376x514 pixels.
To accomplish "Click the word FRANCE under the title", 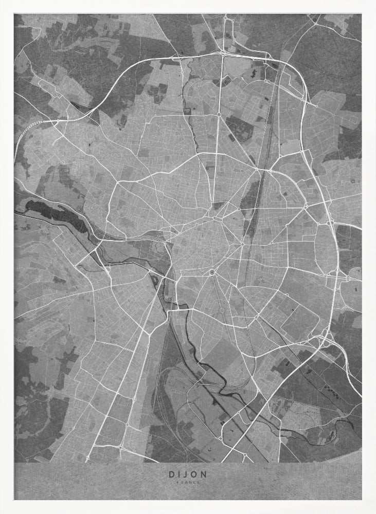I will click(187, 483).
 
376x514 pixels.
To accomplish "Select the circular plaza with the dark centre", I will click(211, 272).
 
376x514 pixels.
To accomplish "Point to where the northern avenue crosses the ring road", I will click(223, 53).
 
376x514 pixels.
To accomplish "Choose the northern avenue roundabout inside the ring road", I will click(219, 114).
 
